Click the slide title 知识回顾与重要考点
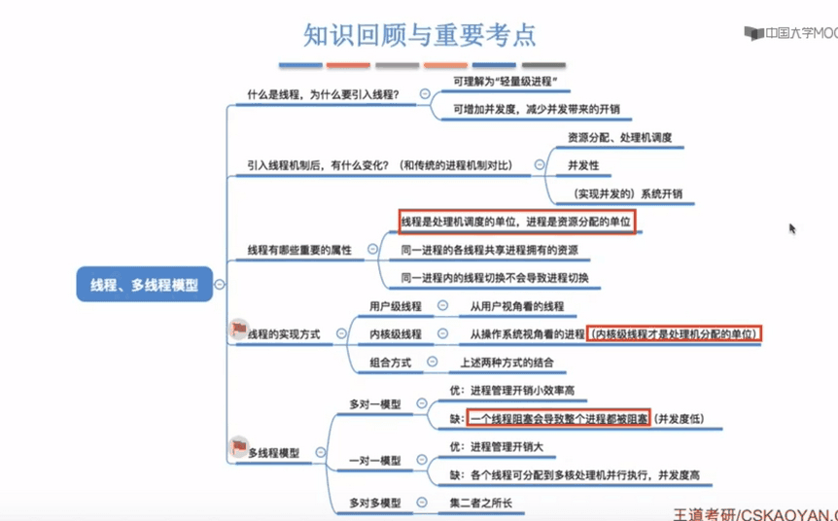419,35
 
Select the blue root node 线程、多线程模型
144,285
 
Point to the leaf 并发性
583,165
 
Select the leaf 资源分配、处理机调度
619,138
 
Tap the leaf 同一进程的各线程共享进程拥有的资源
489,251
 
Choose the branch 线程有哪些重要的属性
299,251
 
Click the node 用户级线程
395,306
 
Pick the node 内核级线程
395,334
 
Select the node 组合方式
390,363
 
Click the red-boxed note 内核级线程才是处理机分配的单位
675,334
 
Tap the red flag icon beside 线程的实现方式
238,330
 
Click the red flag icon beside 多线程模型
238,447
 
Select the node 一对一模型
374,460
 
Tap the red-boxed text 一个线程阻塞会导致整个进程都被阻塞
558,419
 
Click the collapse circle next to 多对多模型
422,503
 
